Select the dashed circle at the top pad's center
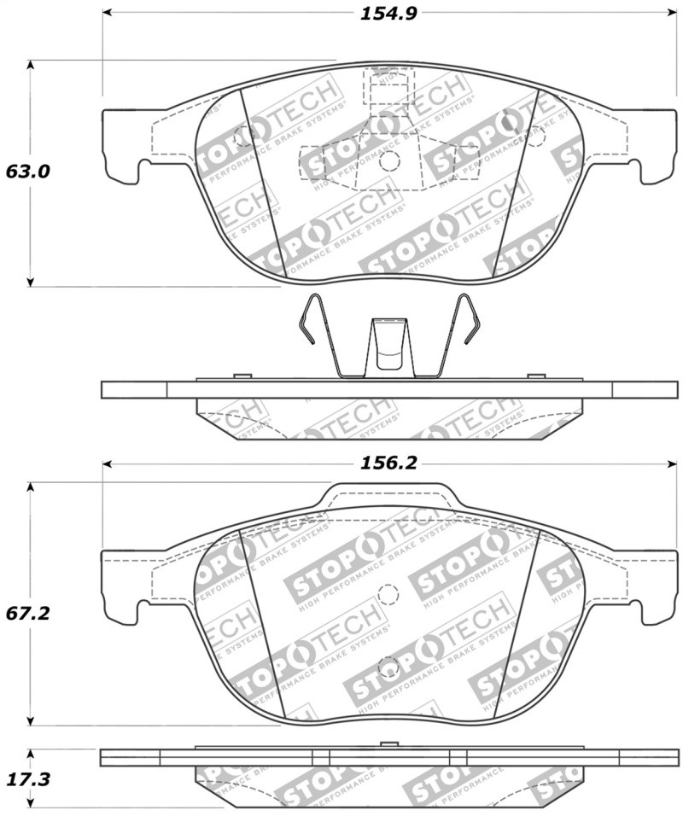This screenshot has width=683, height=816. pyautogui.click(x=388, y=162)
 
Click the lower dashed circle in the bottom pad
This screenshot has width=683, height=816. pyautogui.click(x=388, y=667)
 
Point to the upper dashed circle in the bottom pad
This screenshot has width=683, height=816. pyautogui.click(x=388, y=593)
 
